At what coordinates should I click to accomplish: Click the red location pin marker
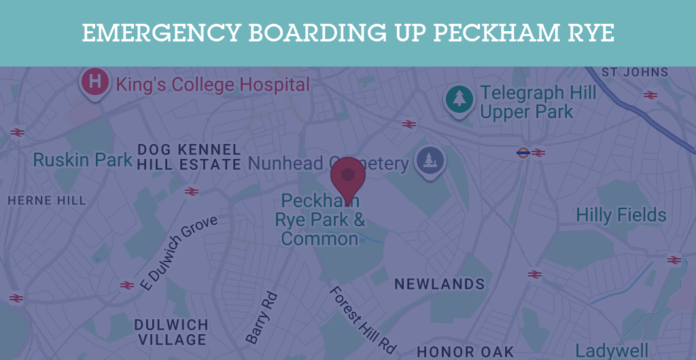pyautogui.click(x=348, y=175)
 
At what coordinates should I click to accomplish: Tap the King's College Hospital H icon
pyautogui.click(x=95, y=82)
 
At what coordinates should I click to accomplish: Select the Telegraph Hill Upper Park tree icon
pyautogui.click(x=459, y=98)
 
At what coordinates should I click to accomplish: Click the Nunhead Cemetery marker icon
pyautogui.click(x=430, y=160)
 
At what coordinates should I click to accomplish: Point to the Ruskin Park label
pyautogui.click(x=83, y=160)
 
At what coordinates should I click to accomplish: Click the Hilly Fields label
pyautogui.click(x=621, y=215)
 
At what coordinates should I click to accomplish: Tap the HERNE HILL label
pyautogui.click(x=47, y=200)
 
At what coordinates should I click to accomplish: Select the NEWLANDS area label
pyautogui.click(x=440, y=284)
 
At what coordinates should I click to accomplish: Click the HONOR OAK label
pyautogui.click(x=465, y=351)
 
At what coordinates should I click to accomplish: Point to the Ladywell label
pyautogui.click(x=612, y=350)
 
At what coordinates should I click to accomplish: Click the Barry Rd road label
pyautogui.click(x=262, y=317)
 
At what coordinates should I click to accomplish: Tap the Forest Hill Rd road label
pyautogui.click(x=362, y=319)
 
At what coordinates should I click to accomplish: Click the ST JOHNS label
pyautogui.click(x=635, y=72)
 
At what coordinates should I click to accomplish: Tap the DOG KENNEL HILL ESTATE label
pyautogui.click(x=189, y=157)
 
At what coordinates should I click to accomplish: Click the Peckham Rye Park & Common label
pyautogui.click(x=319, y=220)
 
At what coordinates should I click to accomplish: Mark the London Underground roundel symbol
pyautogui.click(x=523, y=153)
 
